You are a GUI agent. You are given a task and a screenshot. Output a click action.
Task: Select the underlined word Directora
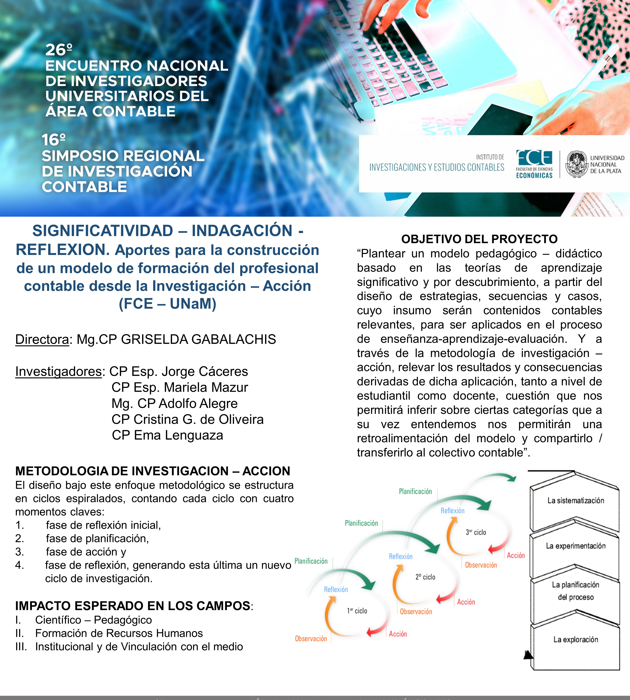pyautogui.click(x=42, y=339)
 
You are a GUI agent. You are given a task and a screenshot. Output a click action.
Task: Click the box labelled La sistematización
pyautogui.click(x=575, y=501)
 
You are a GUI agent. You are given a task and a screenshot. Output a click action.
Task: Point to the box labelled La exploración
pyautogui.click(x=575, y=639)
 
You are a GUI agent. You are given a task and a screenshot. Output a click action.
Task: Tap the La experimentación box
pyautogui.click(x=575, y=546)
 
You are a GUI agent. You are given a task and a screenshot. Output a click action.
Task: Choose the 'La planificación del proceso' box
pyautogui.click(x=575, y=591)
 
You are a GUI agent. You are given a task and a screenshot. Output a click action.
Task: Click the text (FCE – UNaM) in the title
pyautogui.click(x=168, y=304)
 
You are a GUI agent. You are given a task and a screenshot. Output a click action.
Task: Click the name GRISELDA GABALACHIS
pyautogui.click(x=199, y=339)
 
